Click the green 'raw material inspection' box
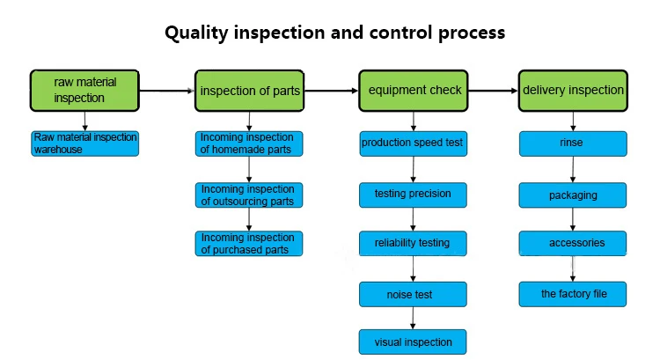[x=84, y=91]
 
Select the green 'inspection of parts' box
[x=249, y=91]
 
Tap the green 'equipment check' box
[x=414, y=91]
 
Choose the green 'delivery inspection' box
[x=573, y=91]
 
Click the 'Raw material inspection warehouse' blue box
[x=85, y=143]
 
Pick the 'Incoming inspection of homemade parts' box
[x=249, y=143]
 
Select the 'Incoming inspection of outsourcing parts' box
[x=249, y=195]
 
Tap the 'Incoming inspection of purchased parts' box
[x=249, y=243]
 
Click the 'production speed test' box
[x=414, y=143]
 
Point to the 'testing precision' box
[x=413, y=195]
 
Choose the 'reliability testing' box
[x=413, y=243]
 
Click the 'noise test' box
[x=413, y=294]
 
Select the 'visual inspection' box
[x=413, y=342]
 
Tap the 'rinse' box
[x=573, y=143]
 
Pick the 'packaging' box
[x=573, y=195]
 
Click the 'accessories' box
[x=573, y=243]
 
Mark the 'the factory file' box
[x=573, y=294]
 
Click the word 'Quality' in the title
[x=196, y=33]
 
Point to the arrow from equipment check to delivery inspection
[x=493, y=91]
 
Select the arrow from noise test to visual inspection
[x=413, y=318]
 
